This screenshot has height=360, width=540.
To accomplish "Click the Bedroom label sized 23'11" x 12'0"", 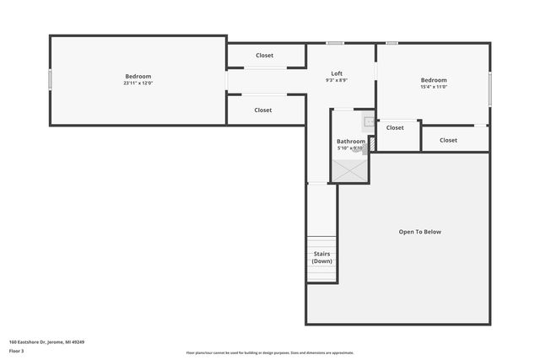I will pos(138,76).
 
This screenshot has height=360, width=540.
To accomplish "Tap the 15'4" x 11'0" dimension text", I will pos(434,87).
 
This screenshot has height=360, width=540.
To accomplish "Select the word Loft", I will pos(337,73).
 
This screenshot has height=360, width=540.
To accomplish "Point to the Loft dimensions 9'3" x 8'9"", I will pos(337,80).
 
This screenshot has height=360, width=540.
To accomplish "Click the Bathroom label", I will pos(351,141).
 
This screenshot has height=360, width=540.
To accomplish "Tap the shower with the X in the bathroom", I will pos(349,169).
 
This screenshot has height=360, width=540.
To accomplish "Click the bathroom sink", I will pos(369,121).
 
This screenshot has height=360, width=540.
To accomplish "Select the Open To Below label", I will pos(419,232).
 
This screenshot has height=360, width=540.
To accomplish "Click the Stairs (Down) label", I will pos(321,257).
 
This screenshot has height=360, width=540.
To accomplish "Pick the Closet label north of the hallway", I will pos(264,56).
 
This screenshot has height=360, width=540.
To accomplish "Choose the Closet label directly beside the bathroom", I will pos(395,128).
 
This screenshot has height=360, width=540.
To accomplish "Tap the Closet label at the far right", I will pos(448,140).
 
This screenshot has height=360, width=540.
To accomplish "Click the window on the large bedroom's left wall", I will pos(50,79).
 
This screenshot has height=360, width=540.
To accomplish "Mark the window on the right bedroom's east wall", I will pos(489,89).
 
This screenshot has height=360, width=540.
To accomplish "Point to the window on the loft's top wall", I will pos(335,43).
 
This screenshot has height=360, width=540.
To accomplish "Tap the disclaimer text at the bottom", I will pos(270,353).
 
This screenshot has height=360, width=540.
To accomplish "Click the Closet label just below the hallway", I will pos(263,110).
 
